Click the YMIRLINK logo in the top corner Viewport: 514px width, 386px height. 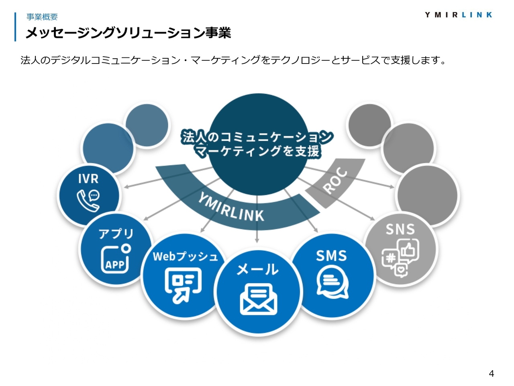458,15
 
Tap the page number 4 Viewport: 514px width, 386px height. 491,374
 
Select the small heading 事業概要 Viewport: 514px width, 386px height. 42,17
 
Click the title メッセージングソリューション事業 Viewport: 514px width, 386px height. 128,33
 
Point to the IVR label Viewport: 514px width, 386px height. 88,179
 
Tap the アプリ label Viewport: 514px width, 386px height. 116,233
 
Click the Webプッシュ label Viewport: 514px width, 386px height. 185,256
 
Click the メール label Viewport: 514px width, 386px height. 257,269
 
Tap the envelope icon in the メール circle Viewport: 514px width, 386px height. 258,299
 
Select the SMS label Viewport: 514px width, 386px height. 331,256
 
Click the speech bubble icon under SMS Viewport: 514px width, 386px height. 332,283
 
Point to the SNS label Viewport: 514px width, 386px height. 400,229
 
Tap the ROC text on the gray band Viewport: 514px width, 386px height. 335,181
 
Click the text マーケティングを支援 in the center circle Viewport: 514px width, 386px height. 257,151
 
